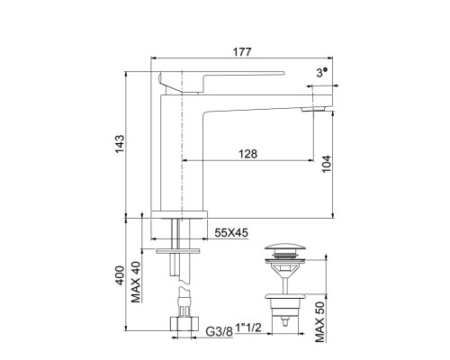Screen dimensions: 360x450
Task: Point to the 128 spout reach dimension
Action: [248, 154]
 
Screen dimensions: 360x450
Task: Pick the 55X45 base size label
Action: [232, 232]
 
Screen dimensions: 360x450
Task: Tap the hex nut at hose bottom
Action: [182, 324]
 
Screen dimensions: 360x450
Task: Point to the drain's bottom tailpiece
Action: [284, 315]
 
